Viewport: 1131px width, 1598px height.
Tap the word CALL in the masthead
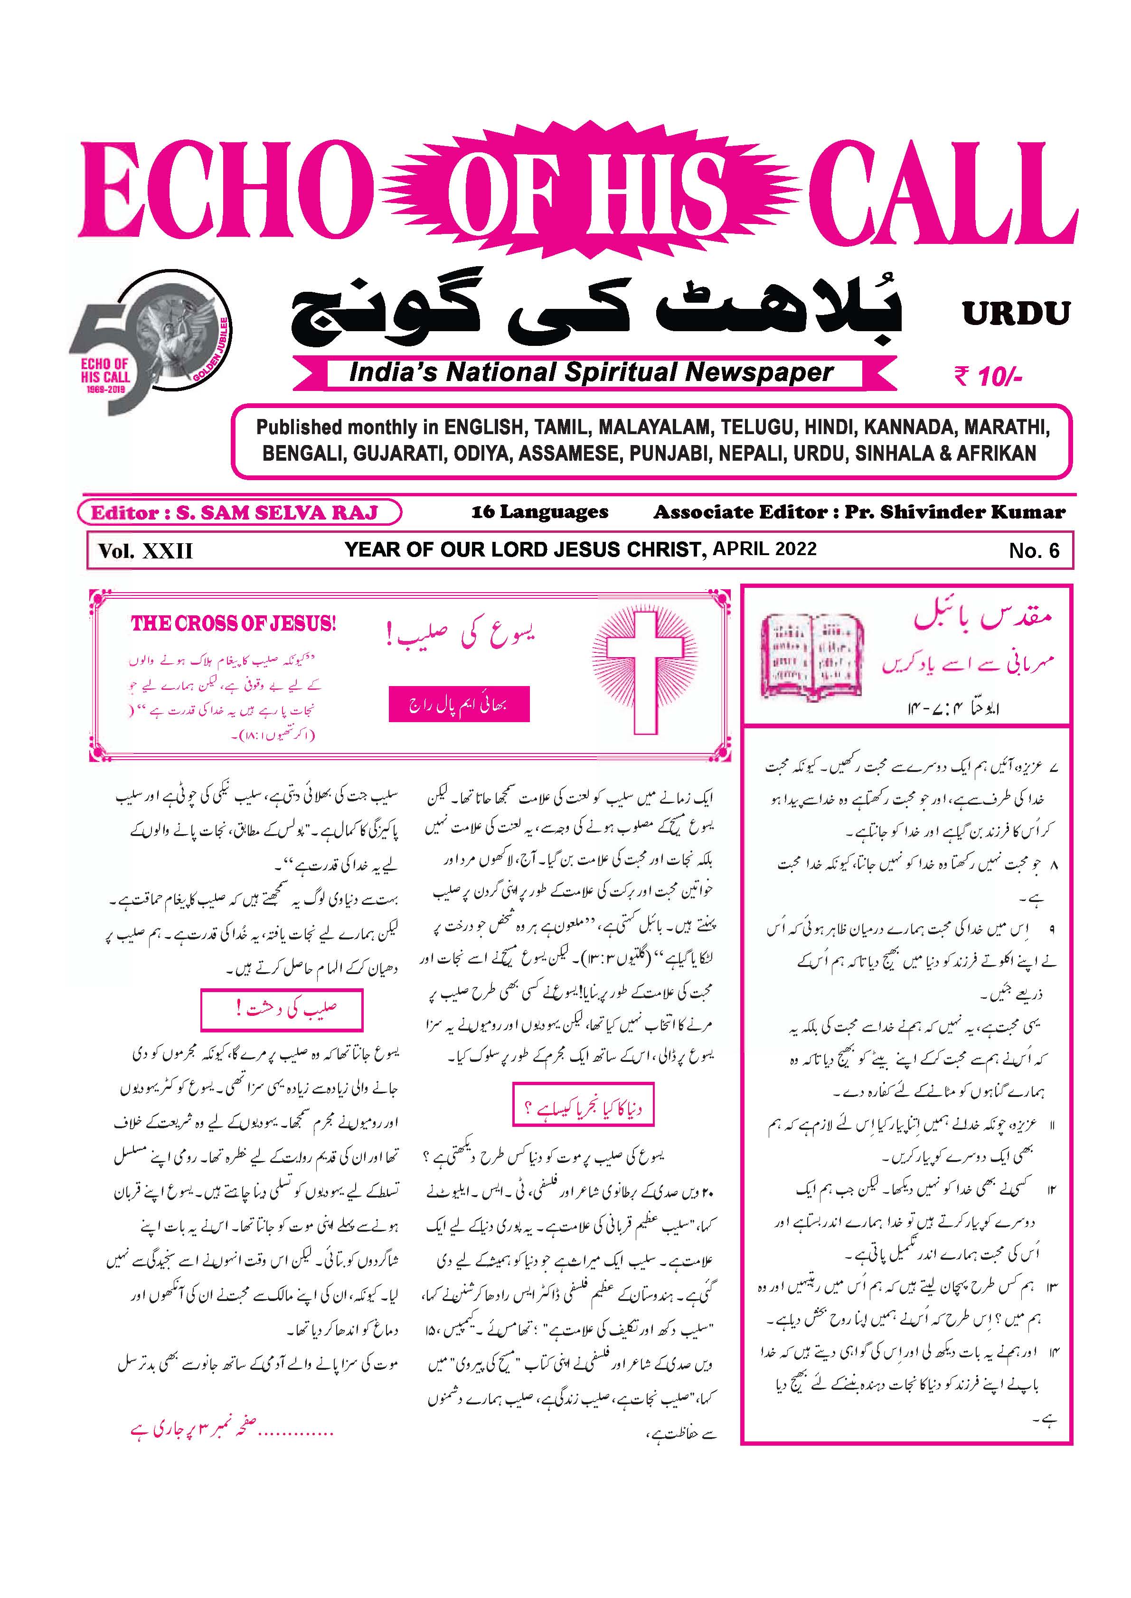pyautogui.click(x=940, y=191)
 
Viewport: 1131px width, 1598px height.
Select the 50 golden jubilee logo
pyautogui.click(x=150, y=341)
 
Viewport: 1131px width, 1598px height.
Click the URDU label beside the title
pyautogui.click(x=1016, y=314)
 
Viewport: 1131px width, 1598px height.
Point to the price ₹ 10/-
pyautogui.click(x=988, y=377)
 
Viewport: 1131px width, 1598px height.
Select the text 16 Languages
pyautogui.click(x=540, y=512)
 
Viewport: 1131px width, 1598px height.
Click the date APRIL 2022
pyautogui.click(x=764, y=548)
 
